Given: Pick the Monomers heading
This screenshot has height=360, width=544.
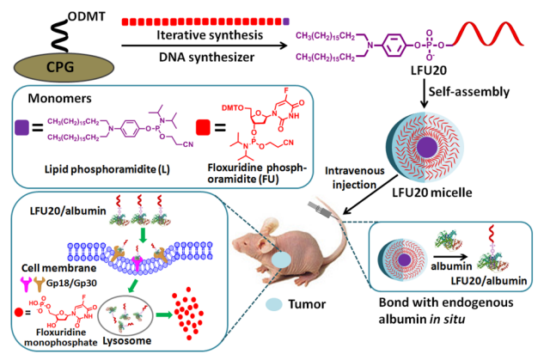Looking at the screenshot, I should (x=54, y=100).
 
